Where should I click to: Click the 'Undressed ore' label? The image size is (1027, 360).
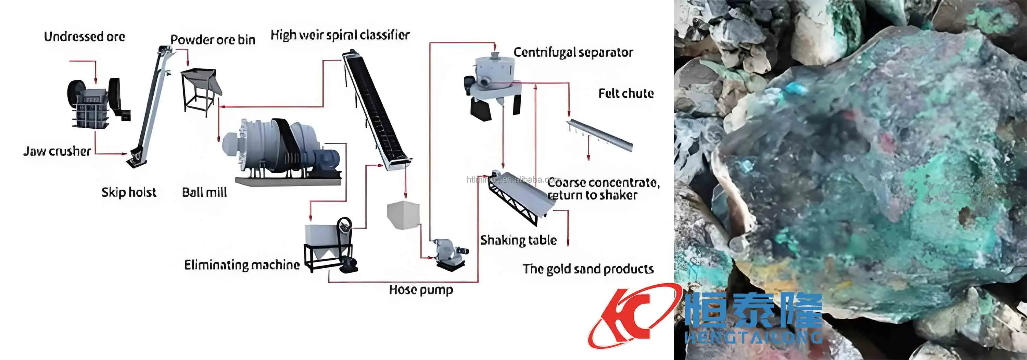point(85,37)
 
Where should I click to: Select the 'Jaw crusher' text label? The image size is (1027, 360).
point(57,151)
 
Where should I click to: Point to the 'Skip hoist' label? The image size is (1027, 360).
point(128,192)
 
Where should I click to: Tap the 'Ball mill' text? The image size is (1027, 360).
point(204,192)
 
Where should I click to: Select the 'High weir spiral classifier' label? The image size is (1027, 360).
point(340,35)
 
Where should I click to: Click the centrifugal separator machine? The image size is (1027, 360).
point(492,86)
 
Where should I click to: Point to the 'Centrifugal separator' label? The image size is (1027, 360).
point(573,52)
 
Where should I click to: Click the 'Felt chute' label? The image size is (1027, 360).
point(626,93)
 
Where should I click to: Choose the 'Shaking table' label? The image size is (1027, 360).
point(518,240)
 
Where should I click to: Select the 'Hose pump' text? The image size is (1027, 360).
point(421,290)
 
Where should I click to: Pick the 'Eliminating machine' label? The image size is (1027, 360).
point(242,265)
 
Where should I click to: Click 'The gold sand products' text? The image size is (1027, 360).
point(588,269)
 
